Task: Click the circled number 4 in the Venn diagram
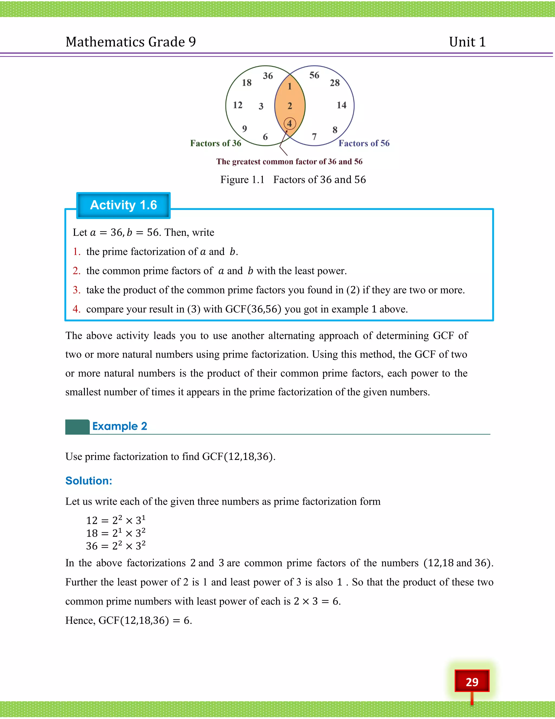[x=290, y=124]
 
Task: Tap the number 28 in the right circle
[x=335, y=83]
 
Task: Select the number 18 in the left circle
[x=247, y=83]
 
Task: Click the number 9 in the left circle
[x=244, y=129]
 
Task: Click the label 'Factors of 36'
[x=216, y=143]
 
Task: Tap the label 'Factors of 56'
[x=364, y=143]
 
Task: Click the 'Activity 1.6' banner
[x=123, y=205]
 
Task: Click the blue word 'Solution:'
[x=89, y=481]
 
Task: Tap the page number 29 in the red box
[x=472, y=682]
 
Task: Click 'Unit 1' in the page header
[x=467, y=42]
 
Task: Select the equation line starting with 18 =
[x=115, y=533]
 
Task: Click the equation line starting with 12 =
[x=115, y=520]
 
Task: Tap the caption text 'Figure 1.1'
[x=242, y=180]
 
